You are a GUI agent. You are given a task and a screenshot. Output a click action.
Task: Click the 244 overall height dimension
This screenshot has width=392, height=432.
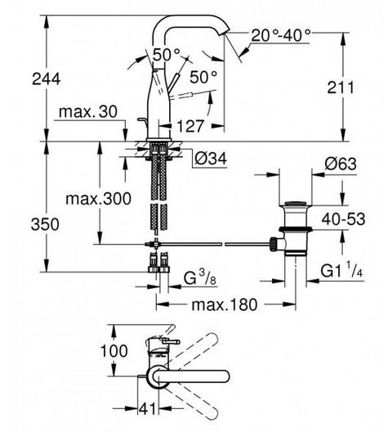46,79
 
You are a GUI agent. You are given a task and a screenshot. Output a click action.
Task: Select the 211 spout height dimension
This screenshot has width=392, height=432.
341,88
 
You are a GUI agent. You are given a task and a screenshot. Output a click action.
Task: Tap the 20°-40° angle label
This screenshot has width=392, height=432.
281,35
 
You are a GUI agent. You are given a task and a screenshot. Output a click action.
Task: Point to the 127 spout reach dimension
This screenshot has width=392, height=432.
190,126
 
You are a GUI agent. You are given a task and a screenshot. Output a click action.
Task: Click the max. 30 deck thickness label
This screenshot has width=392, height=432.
88,111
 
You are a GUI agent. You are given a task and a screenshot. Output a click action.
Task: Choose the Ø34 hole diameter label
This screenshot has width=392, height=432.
211,159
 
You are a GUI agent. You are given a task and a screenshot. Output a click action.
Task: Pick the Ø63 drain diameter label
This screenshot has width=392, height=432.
341,164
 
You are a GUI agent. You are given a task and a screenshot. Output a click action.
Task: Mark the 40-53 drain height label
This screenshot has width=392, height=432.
343,219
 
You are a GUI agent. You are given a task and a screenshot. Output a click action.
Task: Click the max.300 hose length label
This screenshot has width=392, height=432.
98,198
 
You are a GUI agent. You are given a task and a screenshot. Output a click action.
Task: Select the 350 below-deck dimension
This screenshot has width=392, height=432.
45,224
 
